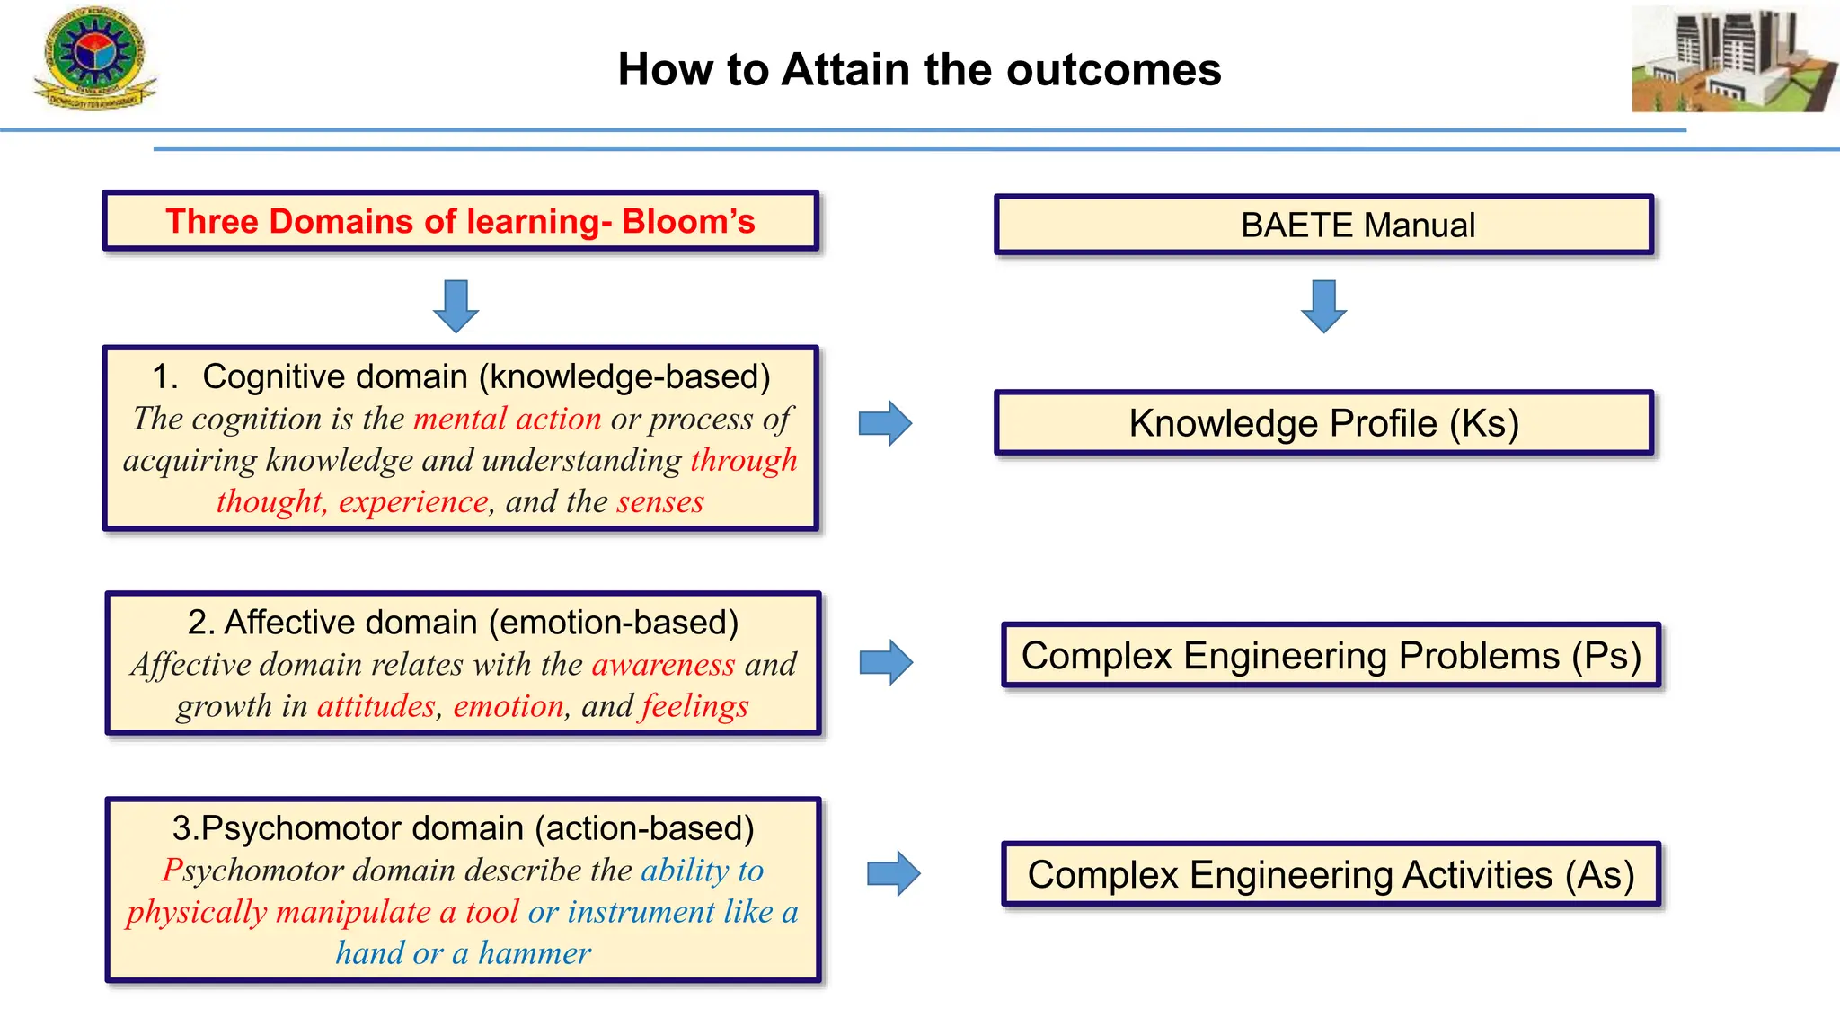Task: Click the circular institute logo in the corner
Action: pos(94,58)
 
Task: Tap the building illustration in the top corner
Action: pos(1733,59)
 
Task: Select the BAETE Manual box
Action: pos(1323,225)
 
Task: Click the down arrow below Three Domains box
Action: pos(456,305)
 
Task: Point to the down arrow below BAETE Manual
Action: pos(1323,305)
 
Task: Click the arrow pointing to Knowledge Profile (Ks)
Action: pos(885,423)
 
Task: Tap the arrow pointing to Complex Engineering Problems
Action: pos(886,662)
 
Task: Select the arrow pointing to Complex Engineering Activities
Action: pos(893,873)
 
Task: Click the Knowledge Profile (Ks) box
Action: pos(1323,423)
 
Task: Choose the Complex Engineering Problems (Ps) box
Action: pos(1331,655)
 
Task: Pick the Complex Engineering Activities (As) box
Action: pos(1331,874)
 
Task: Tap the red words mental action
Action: pos(507,419)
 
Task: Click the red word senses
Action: pos(660,501)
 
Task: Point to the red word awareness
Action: pos(663,664)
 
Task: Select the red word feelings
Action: pos(694,706)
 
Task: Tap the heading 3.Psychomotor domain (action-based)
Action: pos(463,827)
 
